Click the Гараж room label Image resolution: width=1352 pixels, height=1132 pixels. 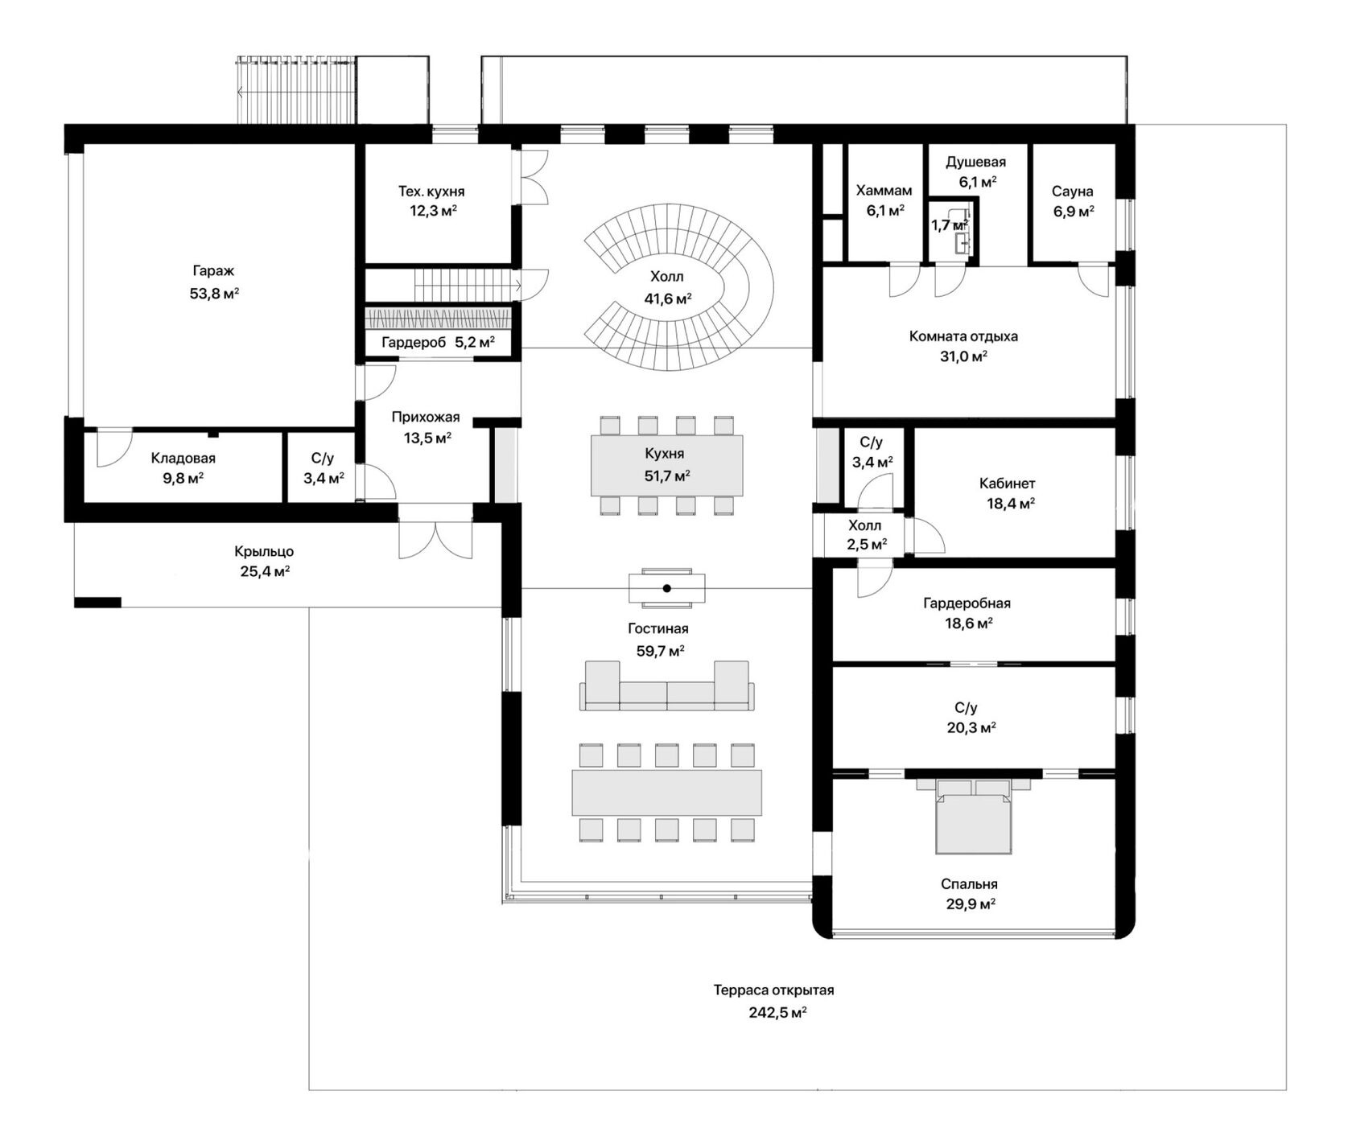click(x=213, y=272)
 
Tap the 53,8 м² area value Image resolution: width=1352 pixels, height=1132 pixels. click(x=214, y=294)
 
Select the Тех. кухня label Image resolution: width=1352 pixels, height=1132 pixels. click(x=431, y=191)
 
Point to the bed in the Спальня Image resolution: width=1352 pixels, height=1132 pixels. click(x=974, y=816)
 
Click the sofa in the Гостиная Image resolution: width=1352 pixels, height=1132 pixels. click(x=667, y=686)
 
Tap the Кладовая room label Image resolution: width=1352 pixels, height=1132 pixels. click(x=183, y=459)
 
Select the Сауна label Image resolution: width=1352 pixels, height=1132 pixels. click(x=1073, y=191)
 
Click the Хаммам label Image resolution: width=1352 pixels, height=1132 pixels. click(x=884, y=191)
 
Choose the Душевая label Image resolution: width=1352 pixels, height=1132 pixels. click(x=975, y=162)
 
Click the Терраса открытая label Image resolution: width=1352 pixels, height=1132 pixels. click(x=774, y=990)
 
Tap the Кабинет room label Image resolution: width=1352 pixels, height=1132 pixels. click(x=1008, y=484)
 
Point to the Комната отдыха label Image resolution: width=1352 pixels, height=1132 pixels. click(x=964, y=336)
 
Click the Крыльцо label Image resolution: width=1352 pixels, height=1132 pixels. click(x=264, y=552)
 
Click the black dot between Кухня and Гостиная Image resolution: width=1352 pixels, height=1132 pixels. click(x=667, y=588)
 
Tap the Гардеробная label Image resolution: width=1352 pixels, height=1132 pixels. click(x=967, y=603)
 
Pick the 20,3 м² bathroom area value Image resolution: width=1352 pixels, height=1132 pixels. click(x=971, y=728)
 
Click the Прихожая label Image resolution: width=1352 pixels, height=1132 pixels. click(x=426, y=417)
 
